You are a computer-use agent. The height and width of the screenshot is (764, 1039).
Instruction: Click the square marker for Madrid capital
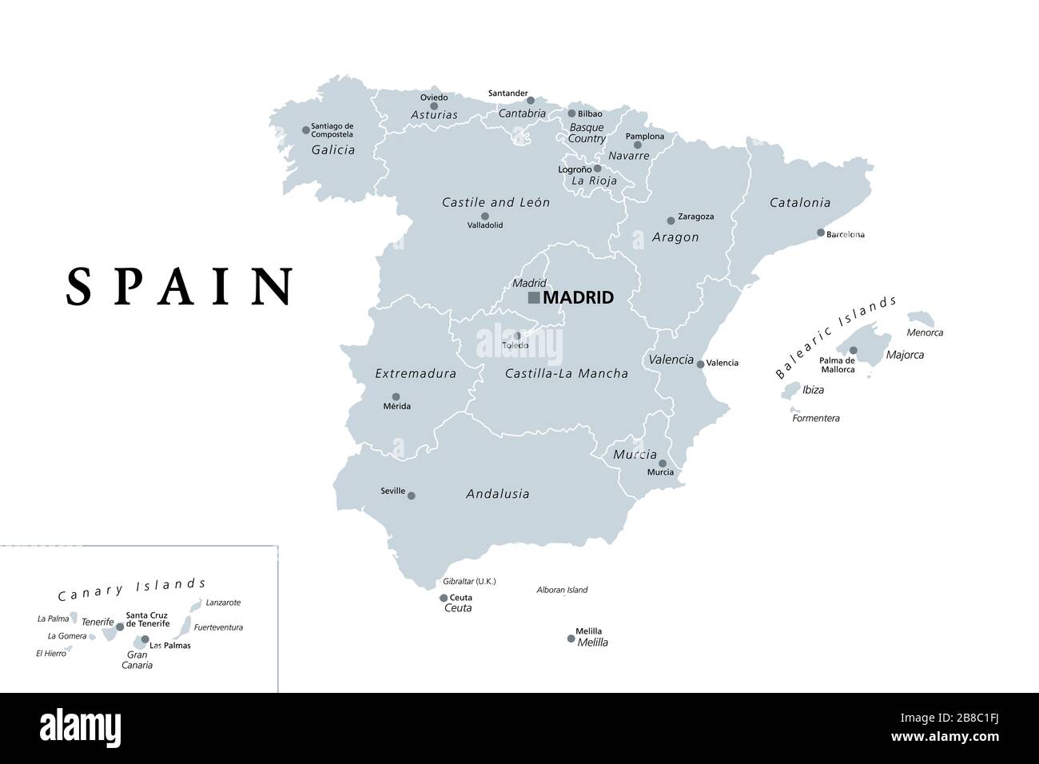click(x=533, y=298)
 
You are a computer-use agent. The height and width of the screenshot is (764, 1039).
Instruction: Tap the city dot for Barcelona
click(x=821, y=233)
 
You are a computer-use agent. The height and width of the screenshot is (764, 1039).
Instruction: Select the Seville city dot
click(x=412, y=495)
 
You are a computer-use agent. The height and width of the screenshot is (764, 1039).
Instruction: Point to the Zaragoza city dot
click(x=671, y=221)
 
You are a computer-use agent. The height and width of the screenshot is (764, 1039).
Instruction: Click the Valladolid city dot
click(x=484, y=216)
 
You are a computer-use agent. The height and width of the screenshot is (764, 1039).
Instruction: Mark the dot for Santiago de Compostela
click(x=305, y=129)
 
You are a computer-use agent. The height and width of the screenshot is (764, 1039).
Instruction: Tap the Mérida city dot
click(x=396, y=396)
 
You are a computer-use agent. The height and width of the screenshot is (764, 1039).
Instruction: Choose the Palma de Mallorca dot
click(x=853, y=350)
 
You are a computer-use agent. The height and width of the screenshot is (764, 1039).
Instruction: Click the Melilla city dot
click(x=571, y=639)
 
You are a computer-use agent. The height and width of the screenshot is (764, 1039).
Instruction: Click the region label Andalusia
click(x=497, y=494)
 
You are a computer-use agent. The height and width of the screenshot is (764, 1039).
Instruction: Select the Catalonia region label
click(x=799, y=203)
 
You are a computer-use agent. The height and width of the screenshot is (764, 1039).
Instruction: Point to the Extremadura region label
click(x=416, y=373)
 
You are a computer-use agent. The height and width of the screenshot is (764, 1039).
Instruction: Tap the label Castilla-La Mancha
click(x=566, y=373)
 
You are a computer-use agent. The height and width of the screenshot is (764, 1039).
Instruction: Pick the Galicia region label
click(x=333, y=149)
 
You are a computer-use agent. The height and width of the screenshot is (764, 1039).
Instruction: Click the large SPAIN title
click(x=180, y=286)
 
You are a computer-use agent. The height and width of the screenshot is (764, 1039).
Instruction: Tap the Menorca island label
click(x=924, y=332)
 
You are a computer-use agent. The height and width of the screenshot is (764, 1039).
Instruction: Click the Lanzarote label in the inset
click(x=223, y=603)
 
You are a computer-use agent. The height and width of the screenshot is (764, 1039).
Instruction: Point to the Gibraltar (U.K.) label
click(x=470, y=582)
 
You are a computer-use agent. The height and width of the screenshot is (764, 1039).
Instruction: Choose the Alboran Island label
click(x=562, y=590)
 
